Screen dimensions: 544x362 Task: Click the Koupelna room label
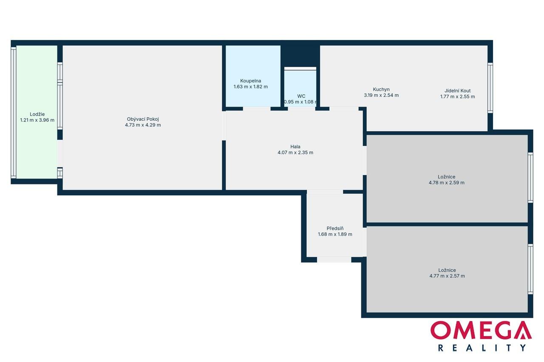pos(250,81)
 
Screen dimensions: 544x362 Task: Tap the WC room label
pos(301,96)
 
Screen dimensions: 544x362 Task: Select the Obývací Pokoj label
pos(143,119)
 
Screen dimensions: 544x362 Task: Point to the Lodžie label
pos(37,114)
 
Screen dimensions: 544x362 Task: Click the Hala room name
pos(295,147)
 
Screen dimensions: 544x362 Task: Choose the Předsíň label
pos(335,229)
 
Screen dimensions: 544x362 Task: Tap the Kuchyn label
pos(381,90)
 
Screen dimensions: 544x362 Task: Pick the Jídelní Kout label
pos(458,91)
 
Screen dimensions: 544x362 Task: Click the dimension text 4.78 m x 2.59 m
pos(446,183)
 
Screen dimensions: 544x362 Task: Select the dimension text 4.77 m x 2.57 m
pos(447,276)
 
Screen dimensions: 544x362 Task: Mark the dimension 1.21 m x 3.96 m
pos(37,120)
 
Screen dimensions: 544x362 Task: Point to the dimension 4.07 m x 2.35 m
pos(295,153)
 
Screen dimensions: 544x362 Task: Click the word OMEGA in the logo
pos(481,330)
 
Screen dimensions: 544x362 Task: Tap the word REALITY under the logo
pos(482,348)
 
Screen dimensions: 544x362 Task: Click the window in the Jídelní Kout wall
pos(490,88)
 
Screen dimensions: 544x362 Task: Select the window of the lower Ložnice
pos(530,269)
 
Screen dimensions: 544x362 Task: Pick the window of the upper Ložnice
pos(530,178)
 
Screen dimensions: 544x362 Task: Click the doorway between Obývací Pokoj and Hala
pos(224,125)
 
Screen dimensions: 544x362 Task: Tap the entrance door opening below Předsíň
pos(334,260)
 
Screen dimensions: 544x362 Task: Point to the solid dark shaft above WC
pos(300,56)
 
